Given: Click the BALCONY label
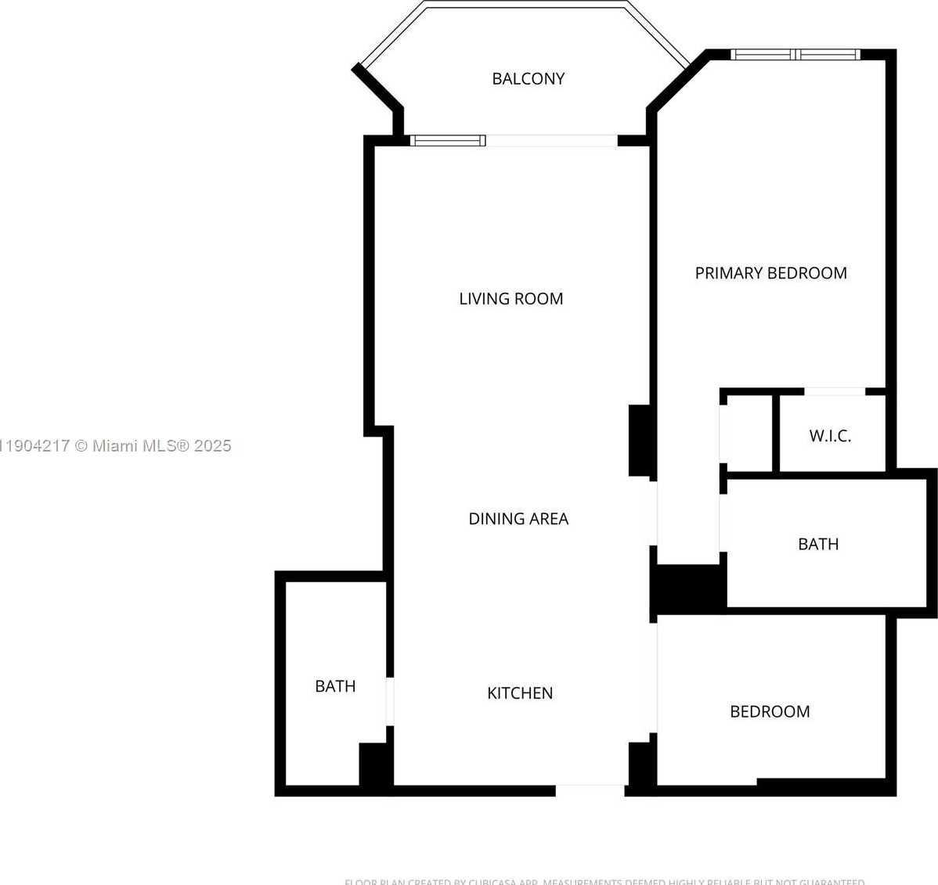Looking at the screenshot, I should coord(528,78).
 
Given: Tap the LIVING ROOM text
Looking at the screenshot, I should coord(510,298).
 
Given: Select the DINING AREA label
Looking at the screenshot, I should coord(518,518).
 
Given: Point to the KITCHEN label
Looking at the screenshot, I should coord(520,693).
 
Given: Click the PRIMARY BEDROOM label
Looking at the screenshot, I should coord(770,272).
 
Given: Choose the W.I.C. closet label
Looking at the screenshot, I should coord(830,436).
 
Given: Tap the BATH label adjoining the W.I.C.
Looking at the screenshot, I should coord(818,544).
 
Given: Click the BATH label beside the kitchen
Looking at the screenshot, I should coord(335,685).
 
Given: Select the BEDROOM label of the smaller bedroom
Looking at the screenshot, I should coord(770,711).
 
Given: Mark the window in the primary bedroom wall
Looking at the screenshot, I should coord(795,55).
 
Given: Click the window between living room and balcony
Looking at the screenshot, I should coord(448,141).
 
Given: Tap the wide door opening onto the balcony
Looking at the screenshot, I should coord(551,141).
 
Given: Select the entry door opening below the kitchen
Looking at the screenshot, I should coord(590,790).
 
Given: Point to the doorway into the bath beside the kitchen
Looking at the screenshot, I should coord(390,701).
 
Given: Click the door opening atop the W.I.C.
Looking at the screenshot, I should coord(835,391).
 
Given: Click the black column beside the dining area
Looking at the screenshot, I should coord(640,441).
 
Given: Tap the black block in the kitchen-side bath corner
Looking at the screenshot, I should coord(375,764).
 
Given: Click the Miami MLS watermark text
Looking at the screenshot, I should coord(116,445).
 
